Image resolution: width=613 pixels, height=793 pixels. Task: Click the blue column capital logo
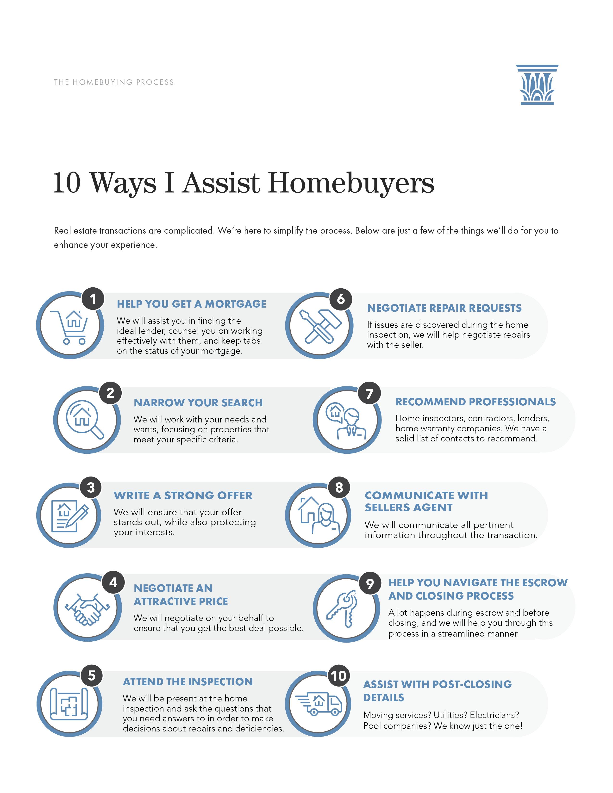pyautogui.click(x=537, y=85)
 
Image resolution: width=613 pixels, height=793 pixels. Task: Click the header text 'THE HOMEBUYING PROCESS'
pyautogui.click(x=114, y=82)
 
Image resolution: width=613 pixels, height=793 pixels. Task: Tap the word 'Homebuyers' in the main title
pyautogui.click(x=351, y=183)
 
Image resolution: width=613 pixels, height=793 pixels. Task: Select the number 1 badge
pyautogui.click(x=93, y=299)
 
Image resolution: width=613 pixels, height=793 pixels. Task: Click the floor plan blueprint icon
pyautogui.click(x=69, y=704)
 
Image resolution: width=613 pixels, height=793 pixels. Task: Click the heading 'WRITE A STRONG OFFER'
pyautogui.click(x=183, y=495)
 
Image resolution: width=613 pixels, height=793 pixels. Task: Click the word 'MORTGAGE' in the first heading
pyautogui.click(x=235, y=304)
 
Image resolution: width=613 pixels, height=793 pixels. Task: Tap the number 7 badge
pyautogui.click(x=369, y=393)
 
